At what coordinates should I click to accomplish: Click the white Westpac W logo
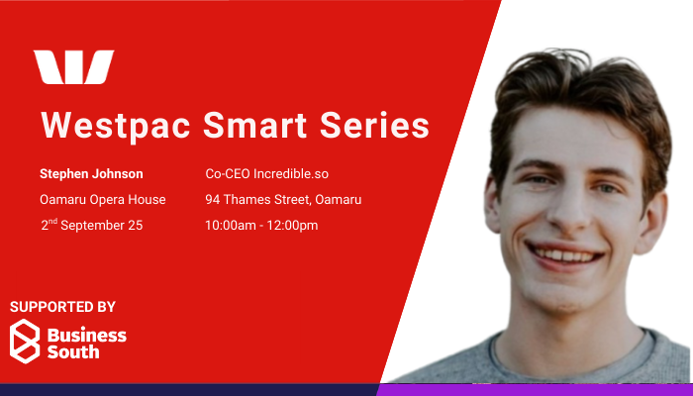(x=74, y=67)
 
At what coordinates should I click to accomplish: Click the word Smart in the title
(x=254, y=125)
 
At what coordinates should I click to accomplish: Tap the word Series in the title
(x=374, y=125)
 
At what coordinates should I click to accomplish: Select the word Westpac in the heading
(x=116, y=127)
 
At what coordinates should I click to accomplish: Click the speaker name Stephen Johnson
(x=91, y=174)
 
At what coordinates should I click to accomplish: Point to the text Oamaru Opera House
(x=103, y=200)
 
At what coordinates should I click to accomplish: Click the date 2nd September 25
(x=92, y=225)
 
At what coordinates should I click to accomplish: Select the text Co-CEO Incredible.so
(x=267, y=174)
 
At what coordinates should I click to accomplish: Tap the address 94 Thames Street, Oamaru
(x=283, y=200)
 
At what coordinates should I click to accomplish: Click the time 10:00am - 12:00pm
(x=261, y=226)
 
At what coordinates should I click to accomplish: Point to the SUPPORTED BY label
(x=62, y=307)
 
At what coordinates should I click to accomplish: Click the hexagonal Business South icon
(x=25, y=342)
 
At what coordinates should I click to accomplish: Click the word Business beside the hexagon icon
(x=87, y=336)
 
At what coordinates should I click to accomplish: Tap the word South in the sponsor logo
(x=73, y=351)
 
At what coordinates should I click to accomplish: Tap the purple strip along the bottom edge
(x=535, y=390)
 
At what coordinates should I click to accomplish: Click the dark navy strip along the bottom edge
(x=189, y=390)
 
